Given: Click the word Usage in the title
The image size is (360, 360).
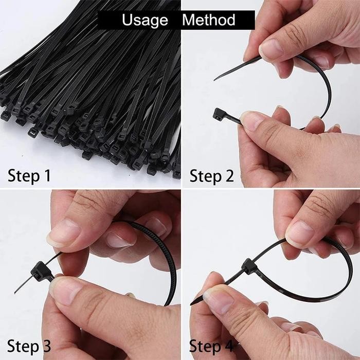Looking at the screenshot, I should point(145,20).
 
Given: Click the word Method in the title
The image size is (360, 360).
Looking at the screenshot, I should point(209,20).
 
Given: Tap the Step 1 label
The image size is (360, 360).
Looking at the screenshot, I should point(29,176).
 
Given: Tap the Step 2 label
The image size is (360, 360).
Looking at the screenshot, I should point(211,176).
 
